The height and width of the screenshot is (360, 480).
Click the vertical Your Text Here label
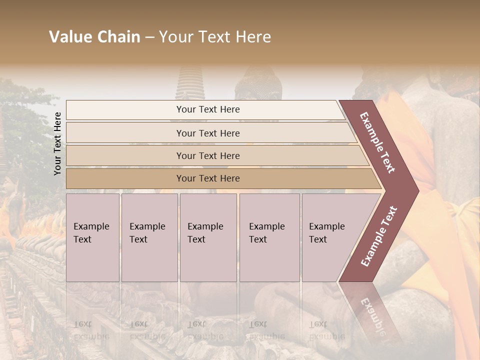pyautogui.click(x=57, y=143)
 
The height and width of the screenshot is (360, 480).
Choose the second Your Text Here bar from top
pyautogui.click(x=208, y=133)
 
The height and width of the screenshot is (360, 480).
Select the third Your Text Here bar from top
pyautogui.click(x=208, y=155)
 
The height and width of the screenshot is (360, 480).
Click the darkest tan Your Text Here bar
pyautogui.click(x=208, y=178)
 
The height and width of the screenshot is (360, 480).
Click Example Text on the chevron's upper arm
pyautogui.click(x=377, y=142)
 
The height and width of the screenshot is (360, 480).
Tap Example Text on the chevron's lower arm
pyautogui.click(x=379, y=236)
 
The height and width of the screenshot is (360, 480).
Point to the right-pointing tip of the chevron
pyautogui.click(x=416, y=190)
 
